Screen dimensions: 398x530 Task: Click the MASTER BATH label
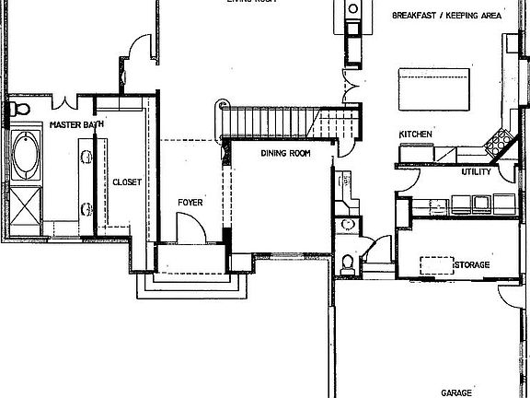tap(75, 123)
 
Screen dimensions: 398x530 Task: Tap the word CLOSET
tap(126, 182)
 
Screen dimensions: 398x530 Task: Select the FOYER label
tap(190, 202)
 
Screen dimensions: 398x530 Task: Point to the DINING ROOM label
tap(285, 153)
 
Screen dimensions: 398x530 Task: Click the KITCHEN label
tap(415, 135)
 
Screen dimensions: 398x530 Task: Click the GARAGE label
tap(457, 391)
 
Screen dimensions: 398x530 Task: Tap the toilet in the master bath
tap(13, 110)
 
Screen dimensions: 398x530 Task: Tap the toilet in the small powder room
tap(346, 263)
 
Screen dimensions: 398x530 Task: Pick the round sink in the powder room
tap(348, 224)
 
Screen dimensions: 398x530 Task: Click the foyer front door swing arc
tap(187, 225)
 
